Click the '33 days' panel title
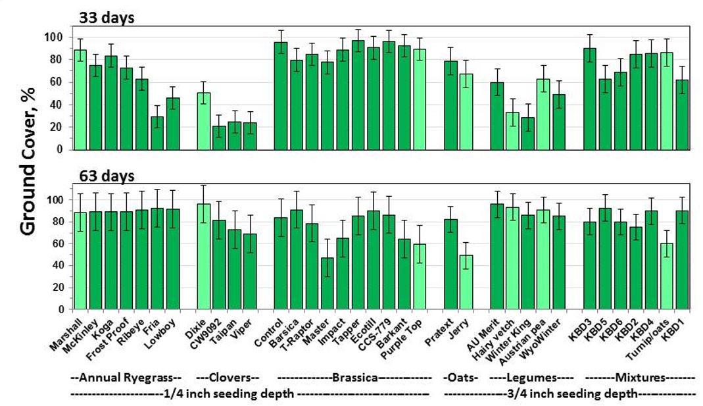107,18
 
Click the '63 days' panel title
107,176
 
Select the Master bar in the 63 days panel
327,283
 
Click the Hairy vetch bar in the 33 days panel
512,131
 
